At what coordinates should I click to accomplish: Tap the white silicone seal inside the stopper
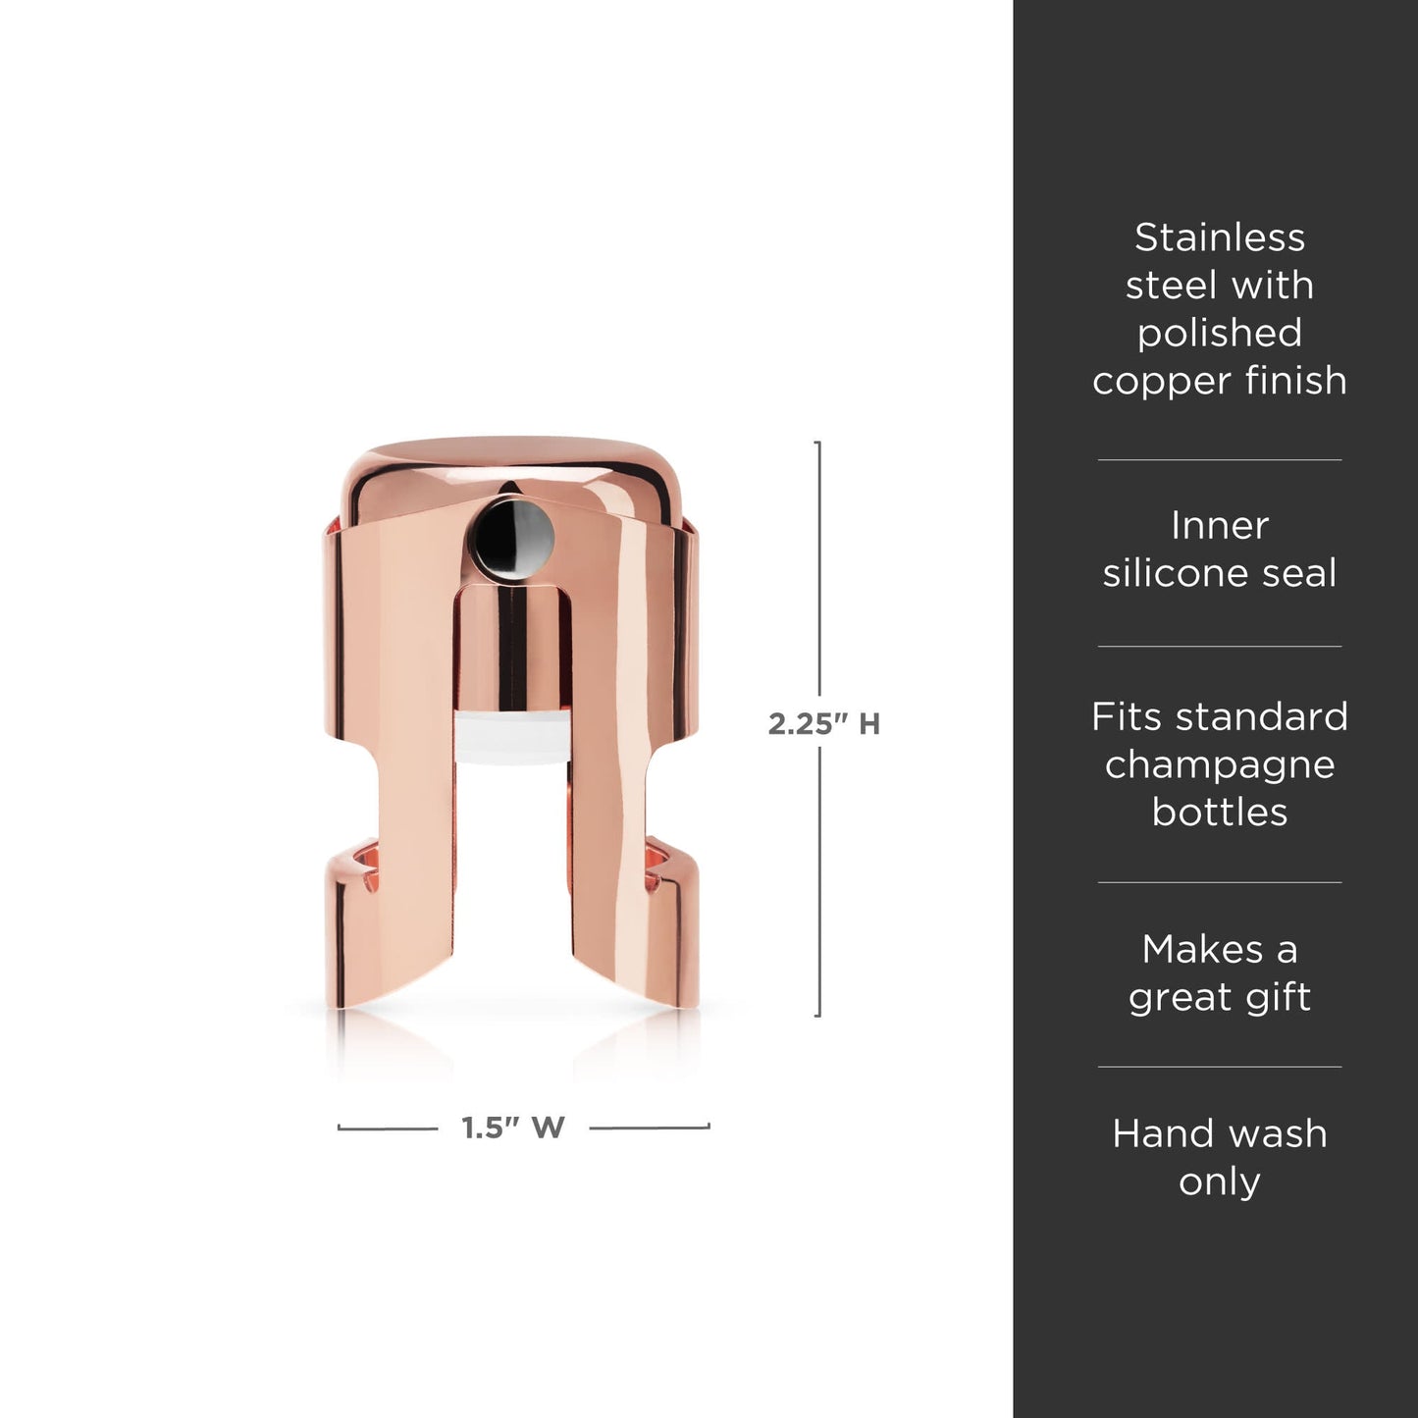click(510, 739)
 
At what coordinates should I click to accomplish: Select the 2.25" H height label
click(823, 724)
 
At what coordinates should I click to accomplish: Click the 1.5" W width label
click(513, 1128)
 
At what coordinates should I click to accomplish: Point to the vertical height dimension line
click(818, 589)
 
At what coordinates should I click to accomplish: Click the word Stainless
click(1220, 237)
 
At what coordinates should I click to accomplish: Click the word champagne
click(1220, 764)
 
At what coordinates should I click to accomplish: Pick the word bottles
click(1220, 812)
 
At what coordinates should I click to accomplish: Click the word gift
click(1276, 998)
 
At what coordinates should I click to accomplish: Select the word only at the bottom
click(1220, 1182)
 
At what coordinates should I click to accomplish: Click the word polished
click(1220, 333)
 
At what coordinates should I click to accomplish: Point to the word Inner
click(1220, 526)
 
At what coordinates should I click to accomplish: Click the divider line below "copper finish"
click(1220, 459)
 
